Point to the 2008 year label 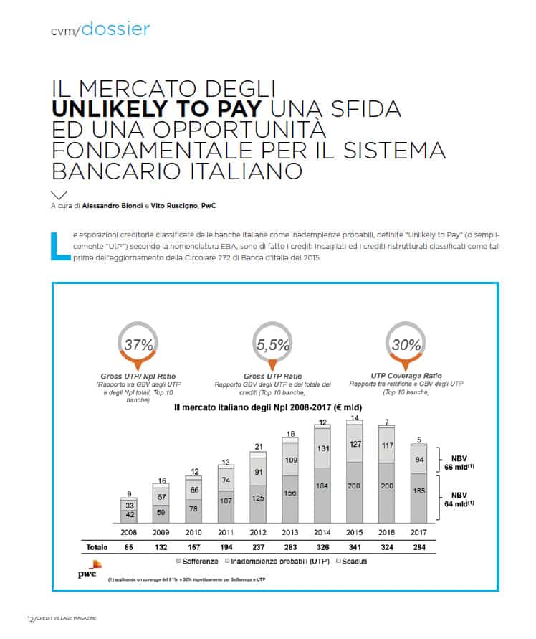[129, 531]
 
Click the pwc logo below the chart [88, 571]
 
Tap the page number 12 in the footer [31, 618]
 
